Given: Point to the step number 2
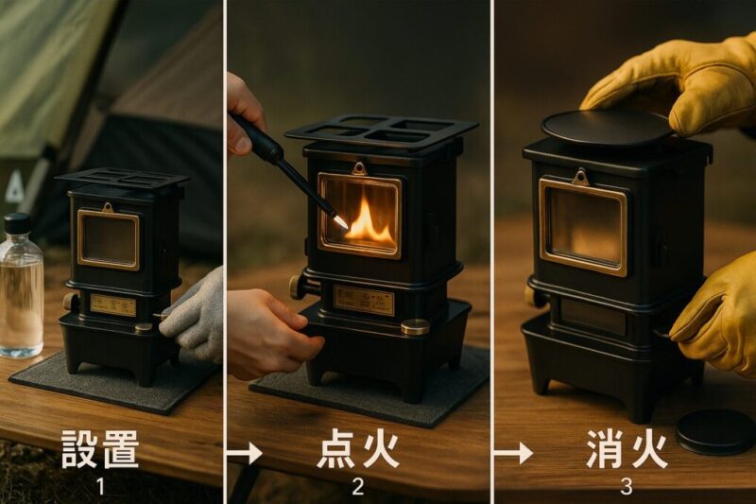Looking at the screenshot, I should tap(357, 488).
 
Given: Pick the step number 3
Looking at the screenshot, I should tap(625, 488).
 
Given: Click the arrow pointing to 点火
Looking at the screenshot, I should tap(245, 453).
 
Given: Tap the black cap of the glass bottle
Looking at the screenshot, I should tap(17, 223).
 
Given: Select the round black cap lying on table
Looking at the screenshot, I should tap(715, 430).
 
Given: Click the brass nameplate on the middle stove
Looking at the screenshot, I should tap(363, 301).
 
